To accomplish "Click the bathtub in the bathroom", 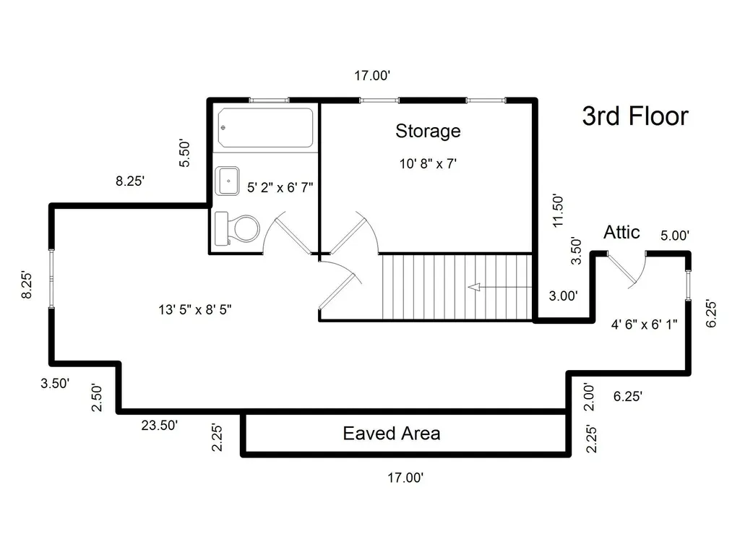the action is click(266, 128).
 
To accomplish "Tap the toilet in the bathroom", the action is click(237, 229).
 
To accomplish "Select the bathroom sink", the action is click(227, 181).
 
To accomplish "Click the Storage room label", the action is click(428, 132).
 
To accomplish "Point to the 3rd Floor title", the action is click(635, 116).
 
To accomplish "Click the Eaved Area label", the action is click(392, 434).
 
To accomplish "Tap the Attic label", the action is click(621, 232).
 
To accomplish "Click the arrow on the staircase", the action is click(500, 287).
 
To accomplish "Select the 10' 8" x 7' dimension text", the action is click(428, 164).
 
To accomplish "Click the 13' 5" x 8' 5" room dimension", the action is click(195, 309).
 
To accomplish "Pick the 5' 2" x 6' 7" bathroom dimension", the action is click(280, 188).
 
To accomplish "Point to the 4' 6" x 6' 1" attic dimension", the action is click(644, 324).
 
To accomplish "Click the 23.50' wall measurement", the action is click(160, 425).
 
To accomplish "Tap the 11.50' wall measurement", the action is click(558, 210).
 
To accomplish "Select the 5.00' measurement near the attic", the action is click(675, 236).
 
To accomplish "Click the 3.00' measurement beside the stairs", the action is click(563, 296).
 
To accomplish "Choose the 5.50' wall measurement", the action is click(184, 153).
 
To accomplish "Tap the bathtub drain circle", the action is click(223, 128).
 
